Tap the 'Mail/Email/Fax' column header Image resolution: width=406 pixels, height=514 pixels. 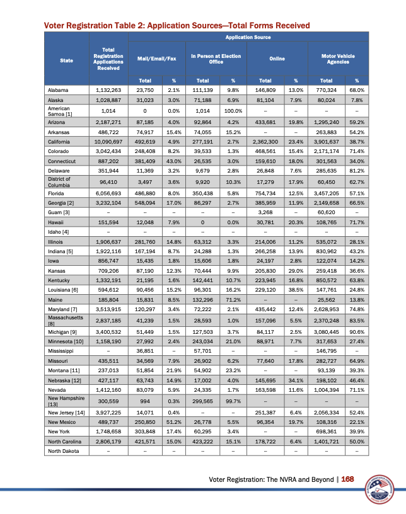point(155,59)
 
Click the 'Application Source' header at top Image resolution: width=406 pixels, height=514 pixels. point(248,38)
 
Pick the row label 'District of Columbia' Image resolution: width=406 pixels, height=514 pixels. point(60,181)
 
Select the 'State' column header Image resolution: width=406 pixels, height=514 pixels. point(66,60)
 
